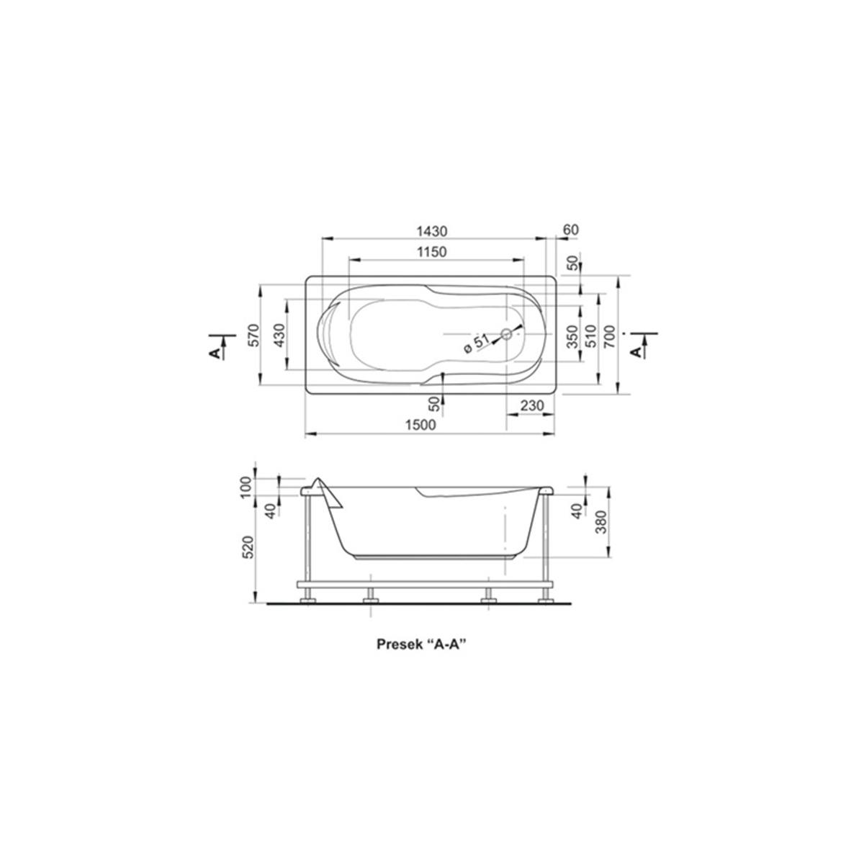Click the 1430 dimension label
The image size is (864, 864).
tap(432, 231)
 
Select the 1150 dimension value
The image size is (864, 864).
tap(432, 252)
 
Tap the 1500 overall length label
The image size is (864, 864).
tap(420, 425)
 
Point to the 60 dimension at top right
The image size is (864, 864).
tap(571, 230)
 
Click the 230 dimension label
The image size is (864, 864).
tap(532, 405)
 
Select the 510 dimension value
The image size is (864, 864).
tap(590, 337)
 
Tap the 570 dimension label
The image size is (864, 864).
tap(253, 335)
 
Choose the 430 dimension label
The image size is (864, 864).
tap(279, 335)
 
